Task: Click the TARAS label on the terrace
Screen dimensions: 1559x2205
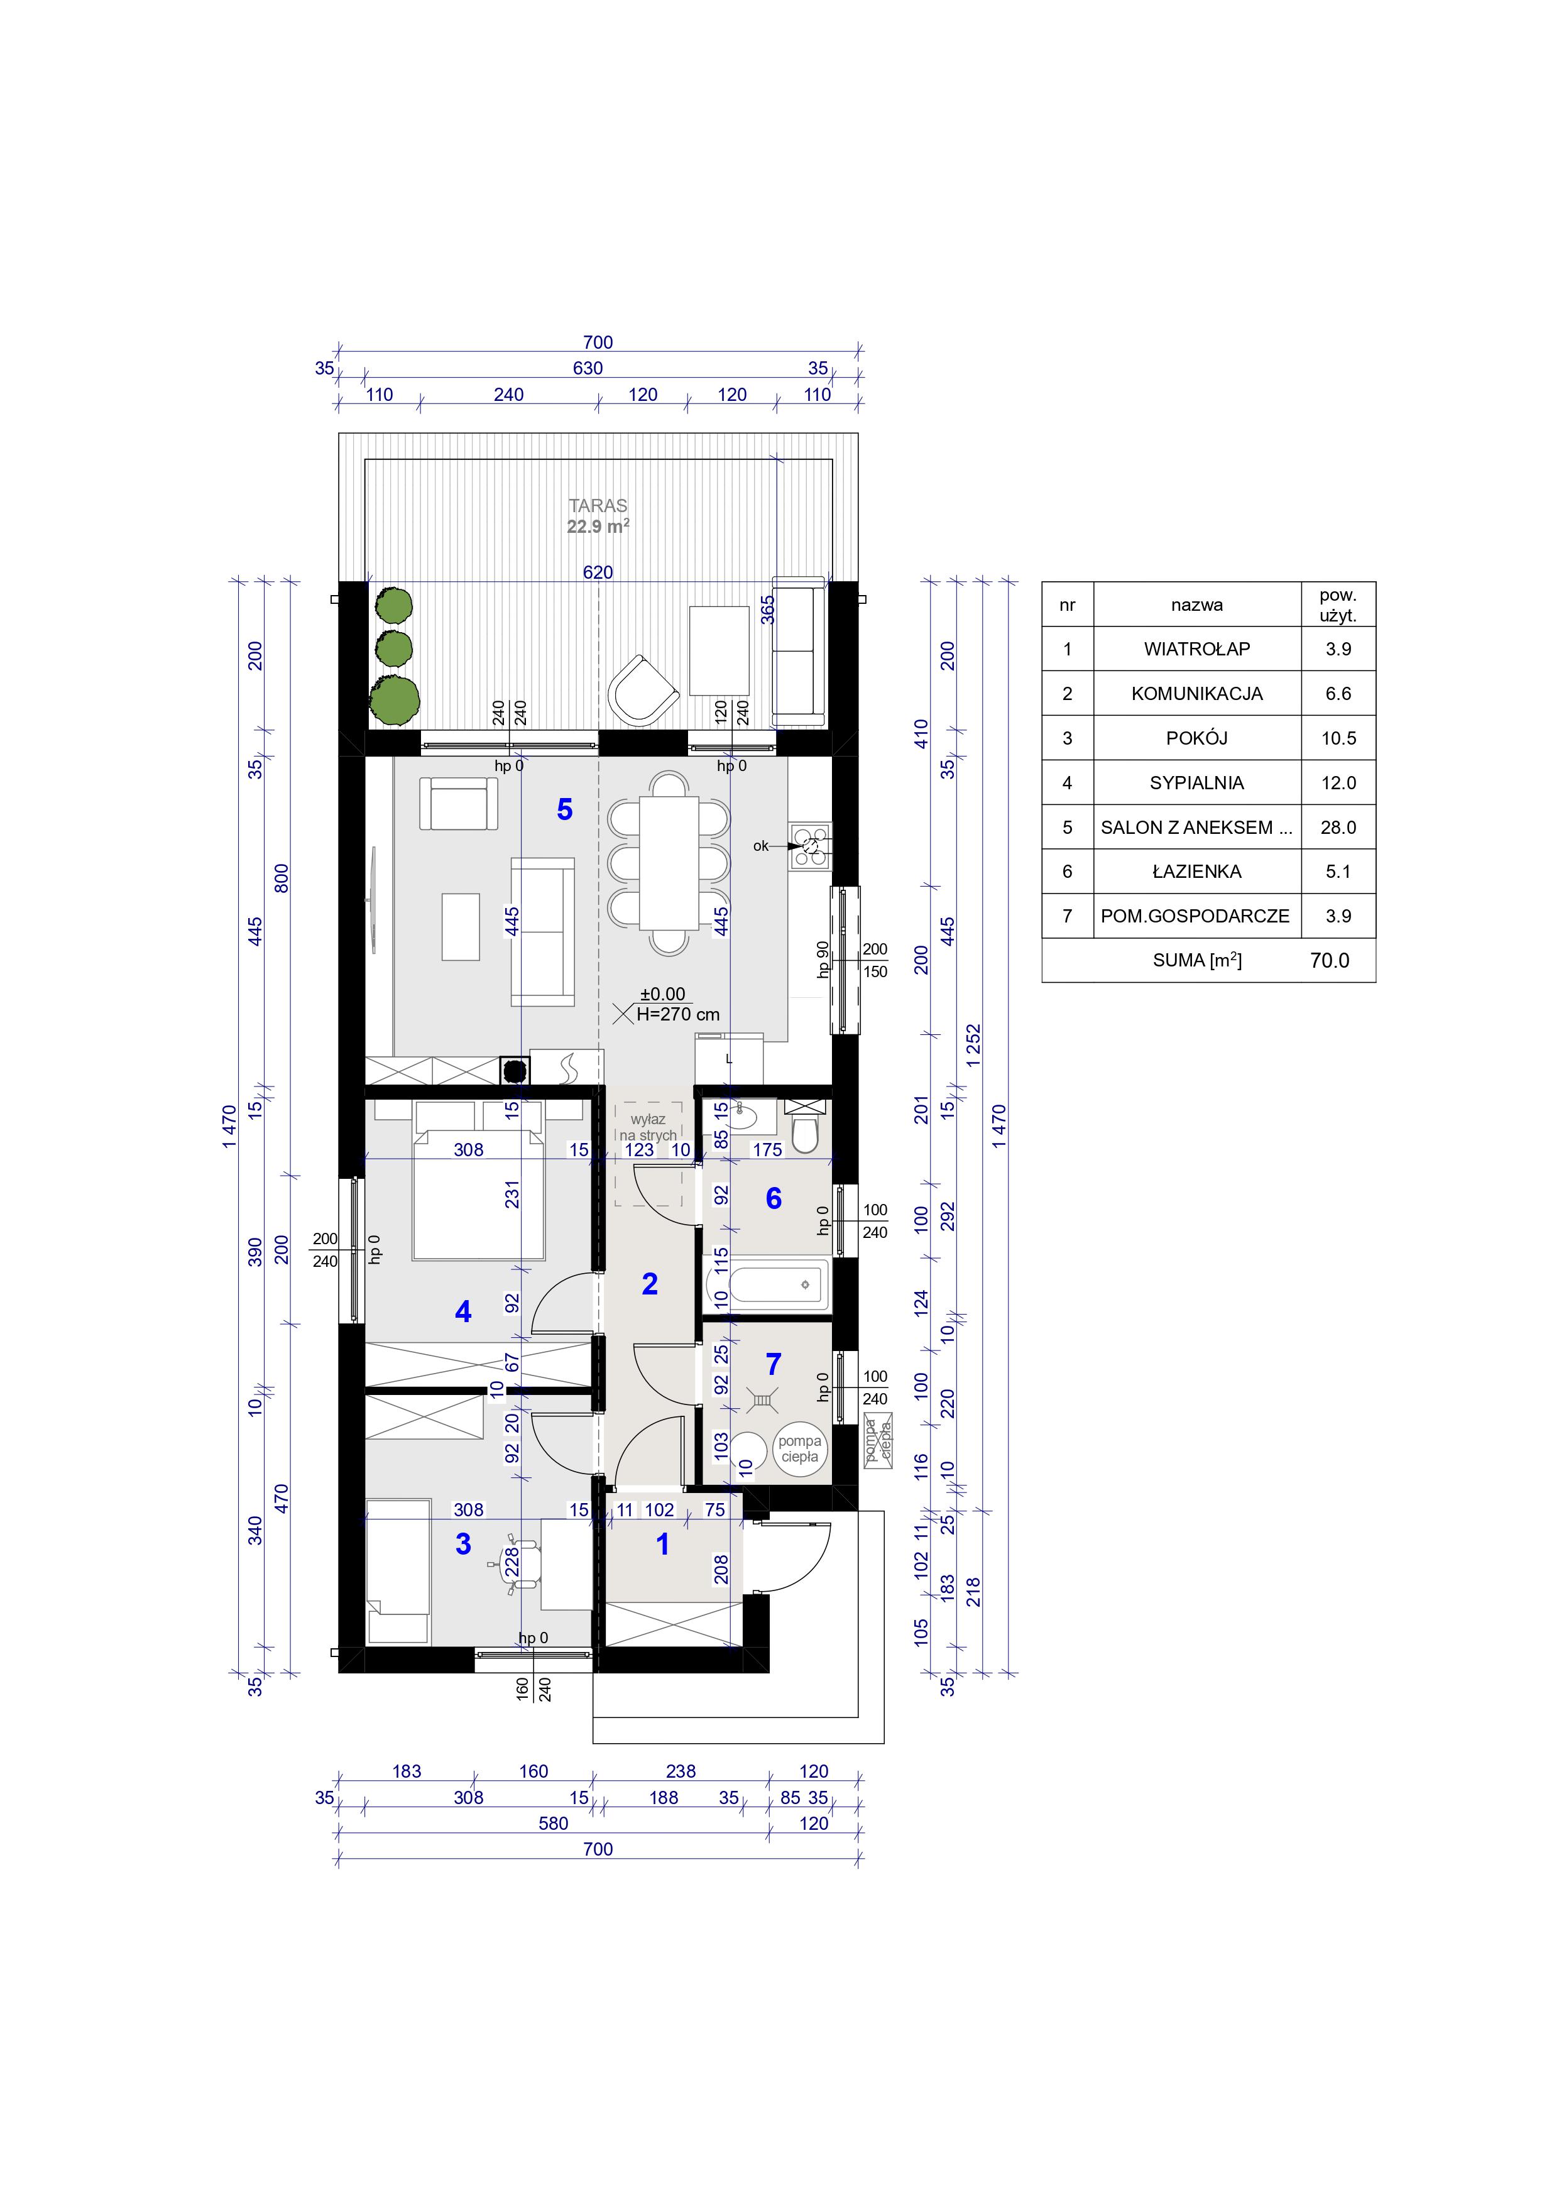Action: [598, 505]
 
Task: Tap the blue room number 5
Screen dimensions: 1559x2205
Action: [565, 809]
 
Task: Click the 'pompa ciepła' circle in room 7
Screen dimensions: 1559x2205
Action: [799, 1448]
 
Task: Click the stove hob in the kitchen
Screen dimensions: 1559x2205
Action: [810, 845]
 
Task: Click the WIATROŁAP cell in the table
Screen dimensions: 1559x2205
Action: [1197, 649]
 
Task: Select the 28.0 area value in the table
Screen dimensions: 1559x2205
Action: [1338, 828]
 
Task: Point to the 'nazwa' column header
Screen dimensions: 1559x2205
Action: [1197, 605]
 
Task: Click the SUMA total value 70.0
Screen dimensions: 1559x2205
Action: [1330, 960]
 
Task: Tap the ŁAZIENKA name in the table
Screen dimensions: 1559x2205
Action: [1197, 872]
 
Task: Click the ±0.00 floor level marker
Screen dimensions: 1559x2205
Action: [663, 995]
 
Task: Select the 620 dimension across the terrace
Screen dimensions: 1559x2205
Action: [598, 572]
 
